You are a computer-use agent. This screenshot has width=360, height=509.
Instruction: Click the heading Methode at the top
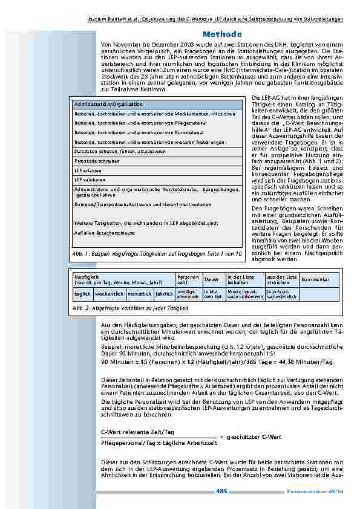pyautogui.click(x=222, y=34)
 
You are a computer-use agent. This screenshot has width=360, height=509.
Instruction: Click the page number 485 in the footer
pyautogui.click(x=221, y=491)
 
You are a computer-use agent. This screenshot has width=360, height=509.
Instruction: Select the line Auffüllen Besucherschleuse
pyautogui.click(x=100, y=232)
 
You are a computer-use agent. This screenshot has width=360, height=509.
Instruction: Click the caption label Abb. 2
pyautogui.click(x=80, y=308)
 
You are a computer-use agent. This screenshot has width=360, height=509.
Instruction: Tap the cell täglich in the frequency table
pyautogui.click(x=83, y=293)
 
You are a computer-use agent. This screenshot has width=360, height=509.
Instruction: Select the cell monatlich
pyautogui.click(x=140, y=293)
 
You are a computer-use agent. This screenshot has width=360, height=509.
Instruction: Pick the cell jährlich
pyautogui.click(x=164, y=293)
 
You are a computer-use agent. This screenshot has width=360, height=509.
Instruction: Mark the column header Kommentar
pyautogui.click(x=315, y=279)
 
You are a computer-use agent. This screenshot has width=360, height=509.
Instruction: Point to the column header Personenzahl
pyautogui.click(x=188, y=279)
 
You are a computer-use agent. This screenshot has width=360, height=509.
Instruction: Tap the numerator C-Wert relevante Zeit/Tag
pyautogui.click(x=137, y=432)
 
